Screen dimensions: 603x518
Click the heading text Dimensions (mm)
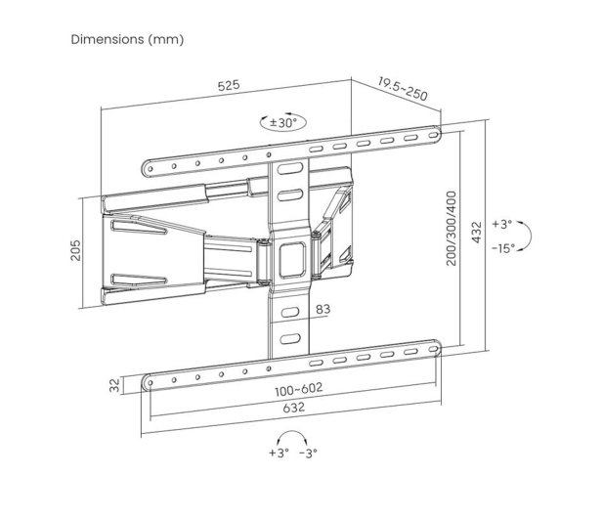127,39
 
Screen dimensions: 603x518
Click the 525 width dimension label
229,85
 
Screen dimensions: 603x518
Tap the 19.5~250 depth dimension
403,89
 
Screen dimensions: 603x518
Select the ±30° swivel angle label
283,123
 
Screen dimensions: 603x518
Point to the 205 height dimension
76,250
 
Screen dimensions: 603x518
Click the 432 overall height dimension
477,233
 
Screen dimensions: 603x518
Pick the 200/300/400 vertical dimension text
452,229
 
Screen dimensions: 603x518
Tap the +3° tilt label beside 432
502,224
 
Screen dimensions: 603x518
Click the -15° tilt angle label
503,248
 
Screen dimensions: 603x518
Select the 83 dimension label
323,309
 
